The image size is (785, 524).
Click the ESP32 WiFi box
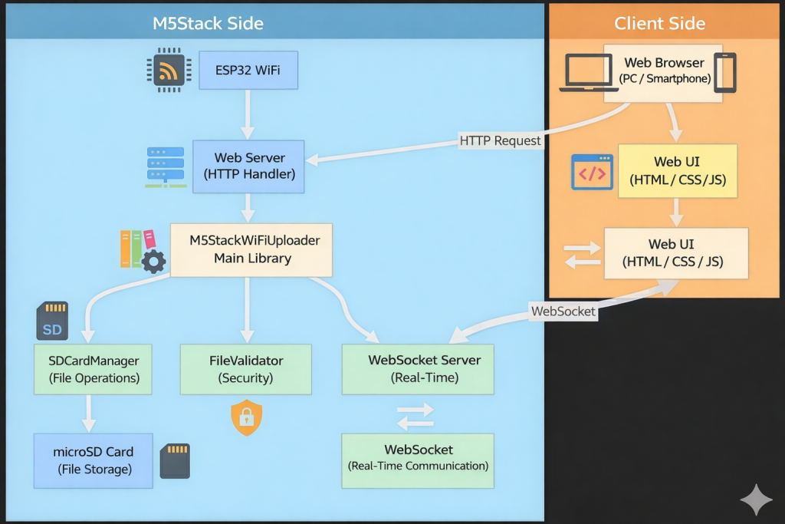248,71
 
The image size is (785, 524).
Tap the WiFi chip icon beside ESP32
167,71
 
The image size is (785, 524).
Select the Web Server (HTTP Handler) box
249,166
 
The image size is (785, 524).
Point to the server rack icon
166,167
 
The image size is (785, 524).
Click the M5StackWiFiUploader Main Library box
251,249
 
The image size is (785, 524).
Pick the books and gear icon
143,250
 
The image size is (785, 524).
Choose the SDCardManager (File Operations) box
93,368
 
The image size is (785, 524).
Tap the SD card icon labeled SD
52,321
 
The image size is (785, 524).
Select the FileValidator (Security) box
246,368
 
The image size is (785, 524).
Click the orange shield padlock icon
246,417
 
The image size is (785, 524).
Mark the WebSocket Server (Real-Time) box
418,368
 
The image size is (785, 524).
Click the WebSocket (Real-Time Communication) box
418,458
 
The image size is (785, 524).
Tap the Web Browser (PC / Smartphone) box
663,71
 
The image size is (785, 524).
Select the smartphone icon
724,72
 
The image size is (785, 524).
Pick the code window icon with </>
592,173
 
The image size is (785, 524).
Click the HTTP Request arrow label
500,140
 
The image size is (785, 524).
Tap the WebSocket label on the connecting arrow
563,311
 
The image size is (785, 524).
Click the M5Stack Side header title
208,23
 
